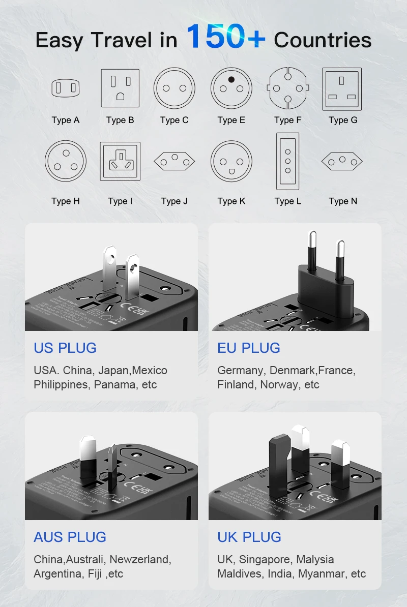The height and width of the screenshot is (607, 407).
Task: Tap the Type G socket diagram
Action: [x=342, y=89]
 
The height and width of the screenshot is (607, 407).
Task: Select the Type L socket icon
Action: [x=287, y=161]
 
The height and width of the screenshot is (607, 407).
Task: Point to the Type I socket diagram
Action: [x=120, y=161]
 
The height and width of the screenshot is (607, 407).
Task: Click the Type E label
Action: [x=231, y=120]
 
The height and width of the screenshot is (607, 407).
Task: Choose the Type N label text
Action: [x=343, y=201]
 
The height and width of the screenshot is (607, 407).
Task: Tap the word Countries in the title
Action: [x=323, y=40]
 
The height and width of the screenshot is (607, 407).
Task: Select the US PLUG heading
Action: [x=65, y=348]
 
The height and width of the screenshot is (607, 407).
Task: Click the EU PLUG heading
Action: [x=249, y=348]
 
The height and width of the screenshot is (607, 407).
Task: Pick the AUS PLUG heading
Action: [x=70, y=537]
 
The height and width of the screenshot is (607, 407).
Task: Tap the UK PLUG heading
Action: [x=249, y=537]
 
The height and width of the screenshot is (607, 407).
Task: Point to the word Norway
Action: [x=280, y=385]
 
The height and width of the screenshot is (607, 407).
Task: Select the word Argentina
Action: [x=56, y=574]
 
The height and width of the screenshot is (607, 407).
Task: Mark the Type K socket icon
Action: [x=231, y=161]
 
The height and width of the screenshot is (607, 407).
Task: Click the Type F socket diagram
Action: [x=287, y=88]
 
